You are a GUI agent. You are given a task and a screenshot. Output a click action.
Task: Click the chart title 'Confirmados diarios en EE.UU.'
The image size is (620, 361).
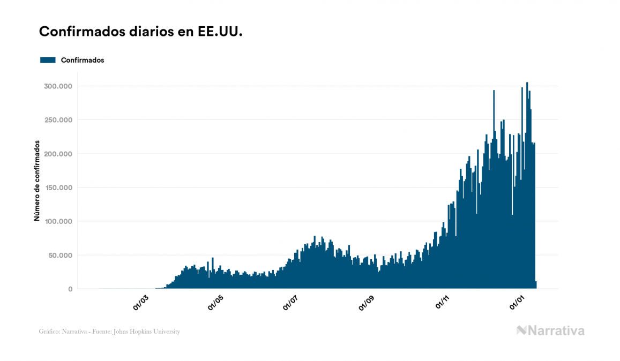pos(141,32)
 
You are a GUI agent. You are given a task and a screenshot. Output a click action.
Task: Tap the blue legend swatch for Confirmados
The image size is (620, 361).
pos(48,60)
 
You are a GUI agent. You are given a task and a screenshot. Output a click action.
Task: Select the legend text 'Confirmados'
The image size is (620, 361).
pos(83,60)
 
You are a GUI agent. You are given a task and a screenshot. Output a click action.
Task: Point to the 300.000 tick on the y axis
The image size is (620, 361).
pos(58,86)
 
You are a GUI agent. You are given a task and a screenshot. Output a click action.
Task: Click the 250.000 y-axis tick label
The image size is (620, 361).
pos(58,120)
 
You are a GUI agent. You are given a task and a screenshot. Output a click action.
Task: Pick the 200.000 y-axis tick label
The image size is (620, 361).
pos(58,154)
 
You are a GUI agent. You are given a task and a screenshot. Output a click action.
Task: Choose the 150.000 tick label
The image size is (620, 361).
pos(58,187)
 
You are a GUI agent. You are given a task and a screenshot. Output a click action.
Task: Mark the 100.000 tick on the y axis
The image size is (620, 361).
pos(58,221)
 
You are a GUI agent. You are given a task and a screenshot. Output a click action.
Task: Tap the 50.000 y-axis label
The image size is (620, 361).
pos(60,255)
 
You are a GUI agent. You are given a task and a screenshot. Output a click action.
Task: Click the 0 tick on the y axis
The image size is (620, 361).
pos(70,289)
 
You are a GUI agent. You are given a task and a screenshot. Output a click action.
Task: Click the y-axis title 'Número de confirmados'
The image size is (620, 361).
pos(37,181)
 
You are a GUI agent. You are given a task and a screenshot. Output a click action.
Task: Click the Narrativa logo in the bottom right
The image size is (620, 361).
pos(550,330)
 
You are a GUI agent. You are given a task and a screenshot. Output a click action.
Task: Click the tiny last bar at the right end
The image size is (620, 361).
pos(536,285)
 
